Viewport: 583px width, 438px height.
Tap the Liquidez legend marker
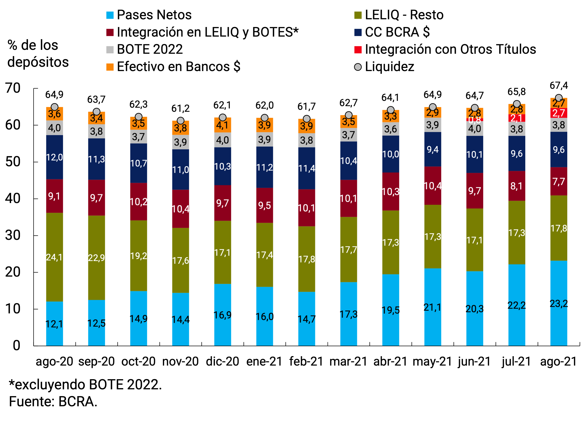(x=358, y=67)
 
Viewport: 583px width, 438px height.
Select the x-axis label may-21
(x=432, y=361)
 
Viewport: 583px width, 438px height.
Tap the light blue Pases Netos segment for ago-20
(x=55, y=323)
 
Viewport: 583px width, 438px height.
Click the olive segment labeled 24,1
(x=55, y=257)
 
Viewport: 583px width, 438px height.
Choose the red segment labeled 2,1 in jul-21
(x=517, y=118)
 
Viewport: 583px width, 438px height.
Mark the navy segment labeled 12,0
(x=55, y=157)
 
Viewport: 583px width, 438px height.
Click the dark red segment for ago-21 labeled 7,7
(x=559, y=181)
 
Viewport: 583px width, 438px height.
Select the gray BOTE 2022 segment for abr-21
(x=391, y=129)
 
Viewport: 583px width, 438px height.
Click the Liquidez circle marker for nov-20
(x=181, y=121)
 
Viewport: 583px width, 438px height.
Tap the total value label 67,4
(x=559, y=85)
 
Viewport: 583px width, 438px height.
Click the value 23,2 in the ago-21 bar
(x=559, y=304)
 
